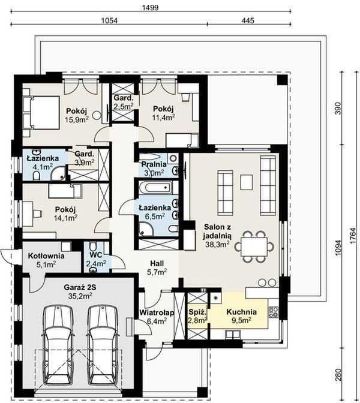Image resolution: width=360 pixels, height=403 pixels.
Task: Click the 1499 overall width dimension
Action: point(151,7)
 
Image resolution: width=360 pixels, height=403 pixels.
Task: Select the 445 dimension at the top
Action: point(248,20)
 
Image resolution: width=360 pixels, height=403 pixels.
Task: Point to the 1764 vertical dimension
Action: point(353,236)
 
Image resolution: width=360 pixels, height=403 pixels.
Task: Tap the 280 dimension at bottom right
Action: point(338,375)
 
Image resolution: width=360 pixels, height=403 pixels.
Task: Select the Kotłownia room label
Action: point(46,256)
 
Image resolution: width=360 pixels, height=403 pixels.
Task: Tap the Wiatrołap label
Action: point(157,312)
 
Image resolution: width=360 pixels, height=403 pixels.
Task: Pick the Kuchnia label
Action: point(241,312)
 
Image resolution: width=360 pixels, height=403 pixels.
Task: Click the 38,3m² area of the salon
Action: point(218,244)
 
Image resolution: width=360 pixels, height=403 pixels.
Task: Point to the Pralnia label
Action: point(154,164)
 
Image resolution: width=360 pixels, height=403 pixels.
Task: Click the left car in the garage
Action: point(58,345)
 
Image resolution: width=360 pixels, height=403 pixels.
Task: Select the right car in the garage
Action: point(103,345)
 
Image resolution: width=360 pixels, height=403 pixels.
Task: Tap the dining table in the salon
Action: point(254,246)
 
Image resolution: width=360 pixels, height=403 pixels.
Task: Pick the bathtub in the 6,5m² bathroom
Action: point(155,187)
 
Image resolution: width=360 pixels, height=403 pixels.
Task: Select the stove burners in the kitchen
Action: point(274,311)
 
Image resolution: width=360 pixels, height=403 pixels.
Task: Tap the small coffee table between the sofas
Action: point(247,182)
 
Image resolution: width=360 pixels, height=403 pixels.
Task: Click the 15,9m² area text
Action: point(77,119)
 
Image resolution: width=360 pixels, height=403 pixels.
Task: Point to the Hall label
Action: point(157,263)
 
